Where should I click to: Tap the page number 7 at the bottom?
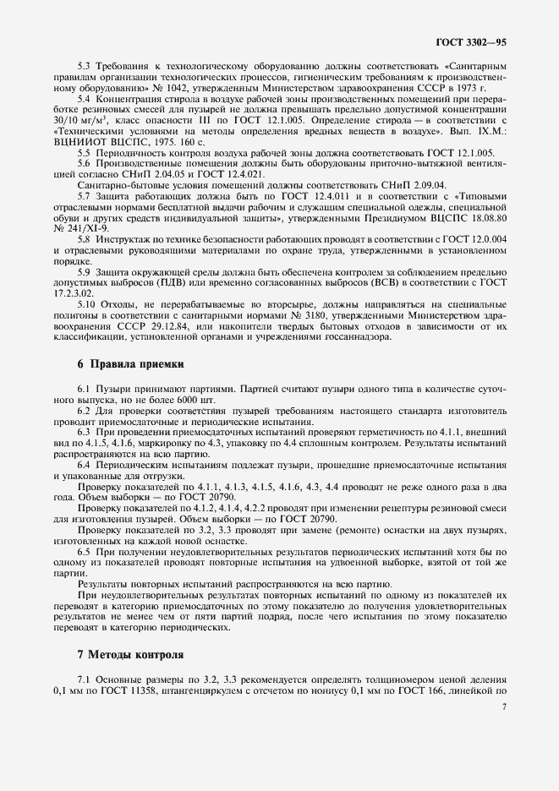tap(503, 708)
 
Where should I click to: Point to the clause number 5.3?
tap(85, 66)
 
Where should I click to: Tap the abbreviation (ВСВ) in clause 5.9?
tap(390, 283)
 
